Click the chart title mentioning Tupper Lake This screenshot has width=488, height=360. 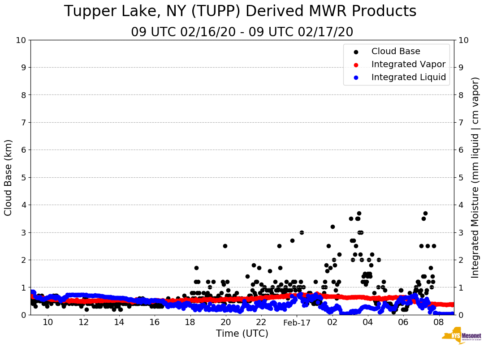[240, 12]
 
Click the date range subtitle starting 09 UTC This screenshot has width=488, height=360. [242, 32]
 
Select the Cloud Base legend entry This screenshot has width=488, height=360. [396, 51]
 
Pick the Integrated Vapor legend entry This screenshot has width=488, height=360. [408, 64]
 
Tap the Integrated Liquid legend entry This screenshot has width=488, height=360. [408, 77]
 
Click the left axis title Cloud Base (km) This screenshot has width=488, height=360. [9, 177]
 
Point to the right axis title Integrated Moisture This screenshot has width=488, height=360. [475, 177]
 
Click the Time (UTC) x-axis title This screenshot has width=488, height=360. [242, 334]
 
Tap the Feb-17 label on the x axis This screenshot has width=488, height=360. [297, 322]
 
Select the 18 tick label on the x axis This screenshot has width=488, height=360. [190, 322]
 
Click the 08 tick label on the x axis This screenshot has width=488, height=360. [439, 322]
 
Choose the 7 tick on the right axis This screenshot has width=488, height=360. [460, 122]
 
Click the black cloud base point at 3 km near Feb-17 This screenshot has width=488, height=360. [302, 232]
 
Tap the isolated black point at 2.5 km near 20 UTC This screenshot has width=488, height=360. [225, 246]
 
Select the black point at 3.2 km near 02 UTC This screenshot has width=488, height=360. [333, 227]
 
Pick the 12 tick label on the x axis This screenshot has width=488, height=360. [83, 322]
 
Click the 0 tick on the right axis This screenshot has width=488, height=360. [460, 315]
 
